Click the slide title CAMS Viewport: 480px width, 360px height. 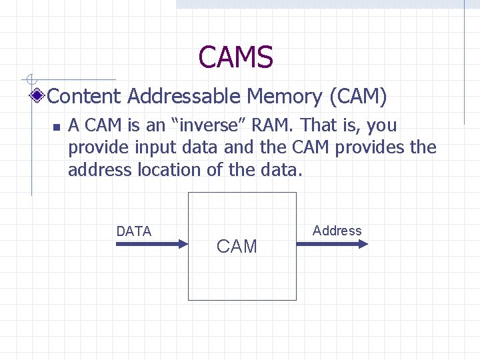[235, 57]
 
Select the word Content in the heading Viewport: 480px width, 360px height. [85, 97]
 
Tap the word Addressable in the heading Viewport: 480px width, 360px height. [183, 97]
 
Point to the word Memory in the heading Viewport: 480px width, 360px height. [285, 97]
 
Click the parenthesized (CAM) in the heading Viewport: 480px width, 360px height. [358, 97]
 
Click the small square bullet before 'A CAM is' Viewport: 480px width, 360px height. [57, 127]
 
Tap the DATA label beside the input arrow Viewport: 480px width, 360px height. [134, 231]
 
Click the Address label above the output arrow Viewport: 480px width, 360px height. [337, 231]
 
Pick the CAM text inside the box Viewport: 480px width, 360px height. [237, 247]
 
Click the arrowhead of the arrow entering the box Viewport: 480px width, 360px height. [185, 244]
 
